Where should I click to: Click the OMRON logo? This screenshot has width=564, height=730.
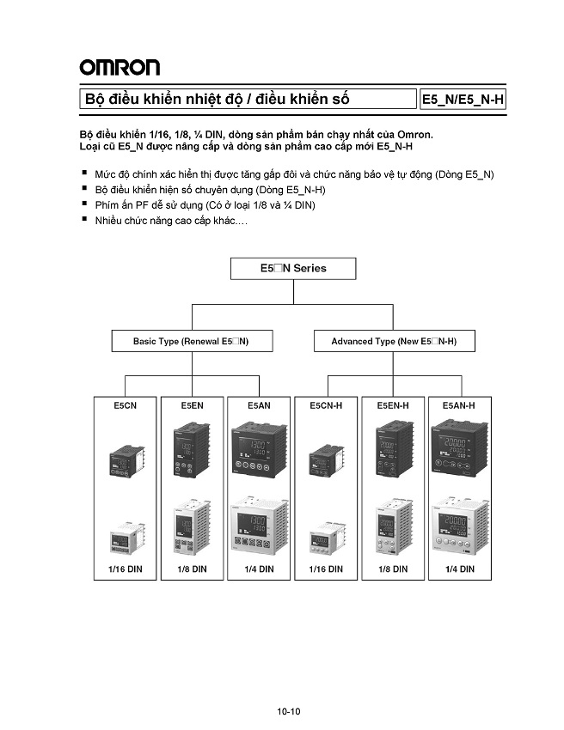[x=120, y=67]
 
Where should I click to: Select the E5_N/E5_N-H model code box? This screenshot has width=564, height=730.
[x=463, y=100]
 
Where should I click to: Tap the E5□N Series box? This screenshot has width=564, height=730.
[x=292, y=269]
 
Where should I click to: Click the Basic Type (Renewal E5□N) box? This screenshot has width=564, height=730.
[x=191, y=341]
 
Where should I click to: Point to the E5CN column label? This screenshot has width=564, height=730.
[x=126, y=405]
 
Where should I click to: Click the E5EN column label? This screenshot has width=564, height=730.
[x=192, y=405]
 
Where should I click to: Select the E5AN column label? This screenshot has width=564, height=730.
[x=260, y=405]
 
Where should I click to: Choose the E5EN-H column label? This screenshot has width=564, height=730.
[x=392, y=405]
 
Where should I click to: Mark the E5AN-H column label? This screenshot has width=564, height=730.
[x=458, y=405]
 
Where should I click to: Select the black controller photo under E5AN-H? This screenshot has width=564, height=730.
[x=460, y=448]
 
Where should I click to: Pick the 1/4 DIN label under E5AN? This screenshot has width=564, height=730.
[x=259, y=569]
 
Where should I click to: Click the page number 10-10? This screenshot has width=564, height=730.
[x=289, y=711]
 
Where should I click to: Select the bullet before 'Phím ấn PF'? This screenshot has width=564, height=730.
[x=84, y=204]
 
